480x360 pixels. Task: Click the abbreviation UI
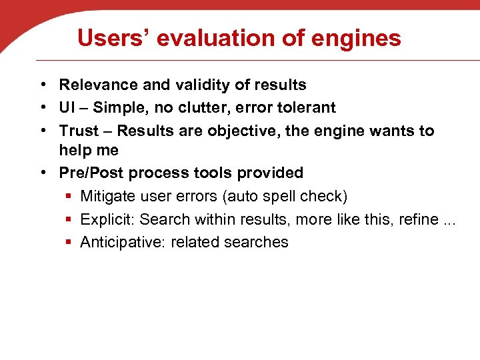(x=67, y=107)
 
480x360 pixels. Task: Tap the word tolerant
(x=306, y=107)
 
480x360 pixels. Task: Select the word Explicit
(x=107, y=219)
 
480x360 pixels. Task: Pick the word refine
(x=419, y=219)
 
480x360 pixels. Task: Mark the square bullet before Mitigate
(x=69, y=196)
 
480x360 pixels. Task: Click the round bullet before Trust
(x=42, y=130)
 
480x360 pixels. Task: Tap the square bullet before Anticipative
(x=69, y=242)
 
